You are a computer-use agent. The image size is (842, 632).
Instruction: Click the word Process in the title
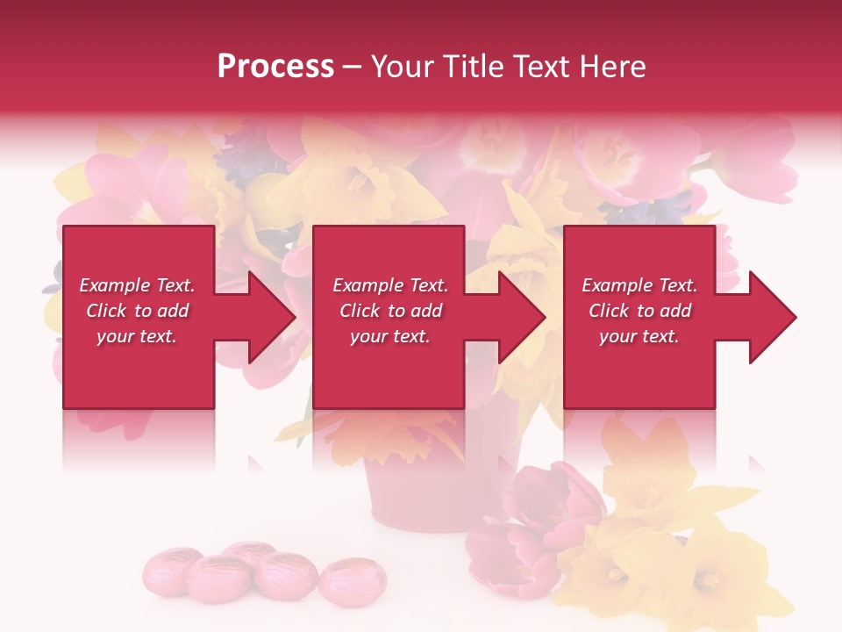(275, 67)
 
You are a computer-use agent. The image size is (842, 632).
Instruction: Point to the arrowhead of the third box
(771, 317)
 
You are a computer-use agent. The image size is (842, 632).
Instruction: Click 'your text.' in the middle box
(389, 336)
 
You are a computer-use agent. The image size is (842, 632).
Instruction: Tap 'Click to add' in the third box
(639, 311)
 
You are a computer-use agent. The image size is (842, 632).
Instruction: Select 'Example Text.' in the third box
(639, 285)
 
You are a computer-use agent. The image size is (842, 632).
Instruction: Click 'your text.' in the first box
(137, 336)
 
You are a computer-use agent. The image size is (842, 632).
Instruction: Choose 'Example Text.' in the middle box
(389, 285)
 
